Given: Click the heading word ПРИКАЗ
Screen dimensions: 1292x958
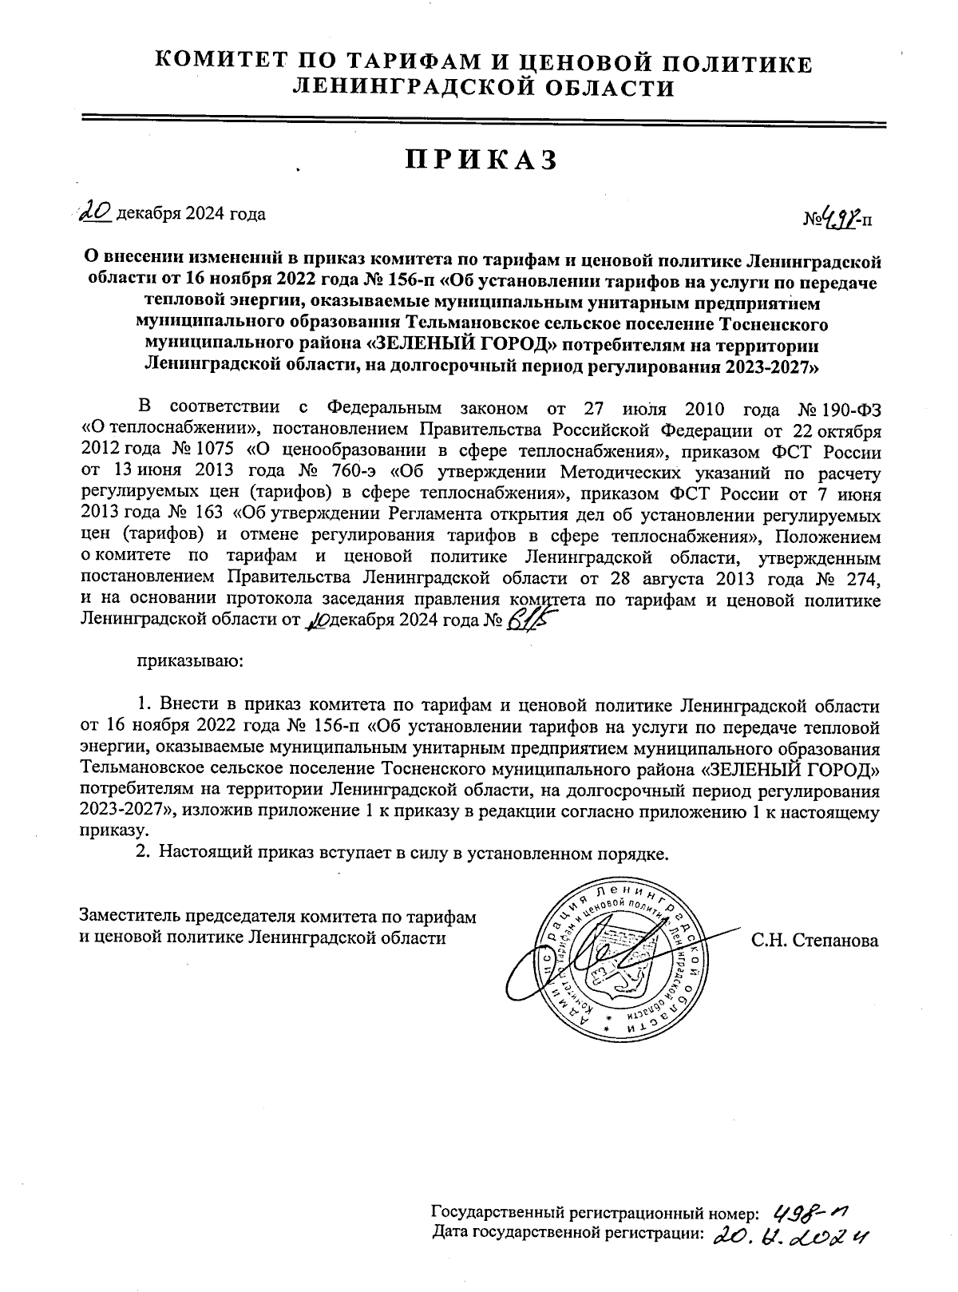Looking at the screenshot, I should [x=479, y=160].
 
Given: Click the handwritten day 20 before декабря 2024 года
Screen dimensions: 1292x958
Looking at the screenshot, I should [x=97, y=212].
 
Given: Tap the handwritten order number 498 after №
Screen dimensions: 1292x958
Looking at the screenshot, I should [x=841, y=216].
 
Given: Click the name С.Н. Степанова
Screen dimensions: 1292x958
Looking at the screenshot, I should [x=814, y=941].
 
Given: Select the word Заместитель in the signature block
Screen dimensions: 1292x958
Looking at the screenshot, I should [x=131, y=917].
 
